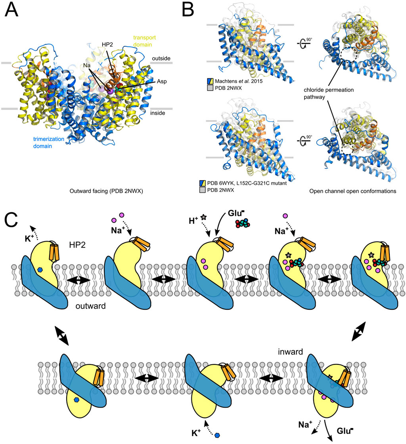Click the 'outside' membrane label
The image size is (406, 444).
pyautogui.click(x=161, y=59)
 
